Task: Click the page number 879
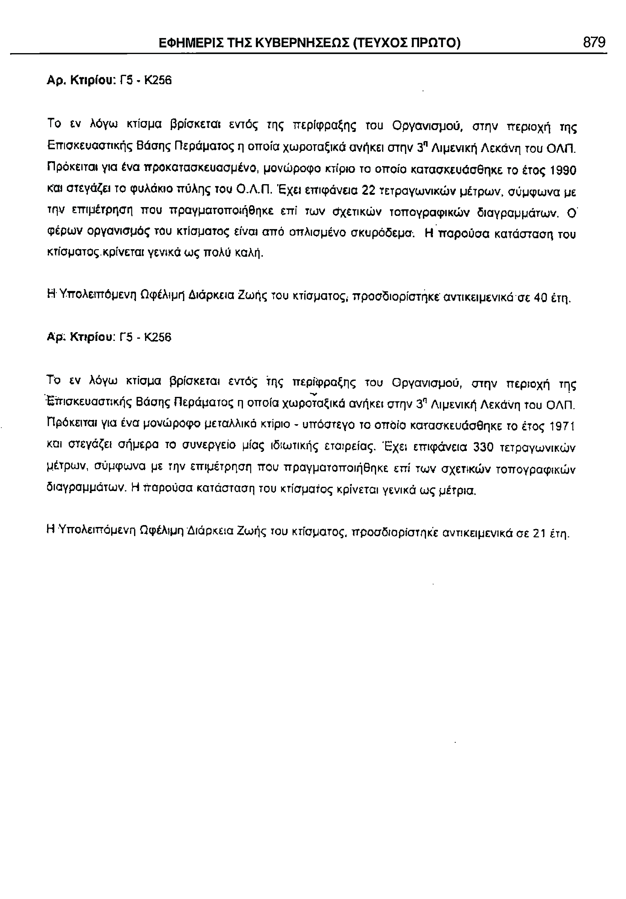click(x=594, y=42)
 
